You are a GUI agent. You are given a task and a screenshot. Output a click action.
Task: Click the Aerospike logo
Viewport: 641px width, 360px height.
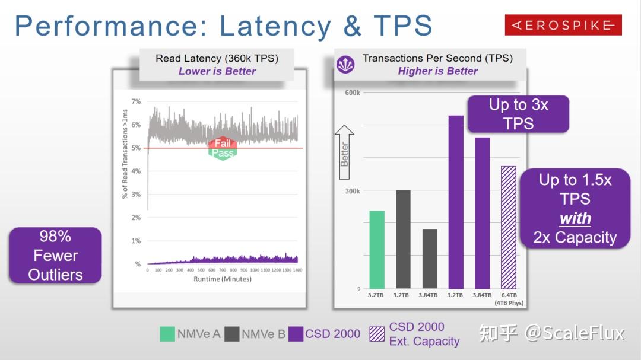point(563,25)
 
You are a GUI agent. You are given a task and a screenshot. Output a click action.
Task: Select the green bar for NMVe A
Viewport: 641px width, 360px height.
point(377,250)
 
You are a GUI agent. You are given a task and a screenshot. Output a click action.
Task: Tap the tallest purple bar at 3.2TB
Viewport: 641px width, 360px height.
point(456,202)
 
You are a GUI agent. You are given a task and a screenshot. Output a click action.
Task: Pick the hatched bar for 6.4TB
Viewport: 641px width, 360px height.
point(509,227)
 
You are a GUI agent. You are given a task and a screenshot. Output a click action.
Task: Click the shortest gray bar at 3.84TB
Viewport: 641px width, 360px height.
point(430,259)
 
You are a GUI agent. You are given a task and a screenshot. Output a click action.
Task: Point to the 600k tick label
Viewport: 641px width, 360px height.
point(352,93)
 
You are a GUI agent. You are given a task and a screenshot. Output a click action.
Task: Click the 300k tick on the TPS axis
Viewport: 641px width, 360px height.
point(352,191)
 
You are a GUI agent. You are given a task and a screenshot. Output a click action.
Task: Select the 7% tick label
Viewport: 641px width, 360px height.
point(137,101)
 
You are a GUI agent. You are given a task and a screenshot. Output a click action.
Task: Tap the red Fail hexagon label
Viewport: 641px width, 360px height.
point(223,144)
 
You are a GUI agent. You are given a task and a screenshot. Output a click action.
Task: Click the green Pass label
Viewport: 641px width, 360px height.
point(223,153)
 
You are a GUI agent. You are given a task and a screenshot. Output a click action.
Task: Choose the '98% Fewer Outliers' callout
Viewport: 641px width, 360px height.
point(55,255)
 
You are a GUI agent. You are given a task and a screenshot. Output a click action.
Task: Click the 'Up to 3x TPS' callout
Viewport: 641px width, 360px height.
point(518,114)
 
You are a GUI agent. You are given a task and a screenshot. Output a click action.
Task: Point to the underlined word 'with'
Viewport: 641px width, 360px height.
point(575,218)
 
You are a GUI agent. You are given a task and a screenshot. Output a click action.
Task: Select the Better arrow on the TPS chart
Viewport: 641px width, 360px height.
point(344,153)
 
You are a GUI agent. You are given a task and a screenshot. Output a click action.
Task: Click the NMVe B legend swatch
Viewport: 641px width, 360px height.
point(233,334)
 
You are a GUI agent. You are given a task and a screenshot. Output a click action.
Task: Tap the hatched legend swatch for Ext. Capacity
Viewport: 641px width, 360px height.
point(377,334)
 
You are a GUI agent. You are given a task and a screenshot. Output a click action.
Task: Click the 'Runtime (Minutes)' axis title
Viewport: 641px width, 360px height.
point(223,279)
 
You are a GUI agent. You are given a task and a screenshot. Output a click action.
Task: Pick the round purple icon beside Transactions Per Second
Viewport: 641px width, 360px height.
point(345,64)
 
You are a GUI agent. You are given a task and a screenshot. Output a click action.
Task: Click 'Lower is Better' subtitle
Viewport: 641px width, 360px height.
point(217,71)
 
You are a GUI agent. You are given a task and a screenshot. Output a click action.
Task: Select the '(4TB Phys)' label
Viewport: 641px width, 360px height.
point(509,303)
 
